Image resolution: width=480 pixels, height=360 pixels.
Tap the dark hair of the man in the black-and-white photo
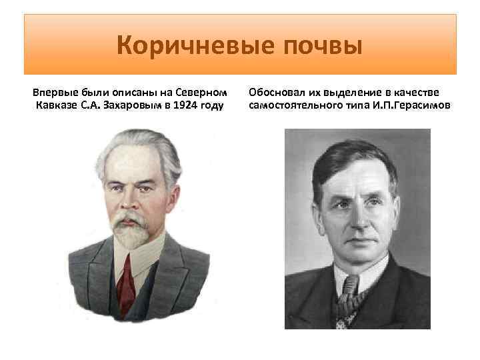point(353,160)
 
